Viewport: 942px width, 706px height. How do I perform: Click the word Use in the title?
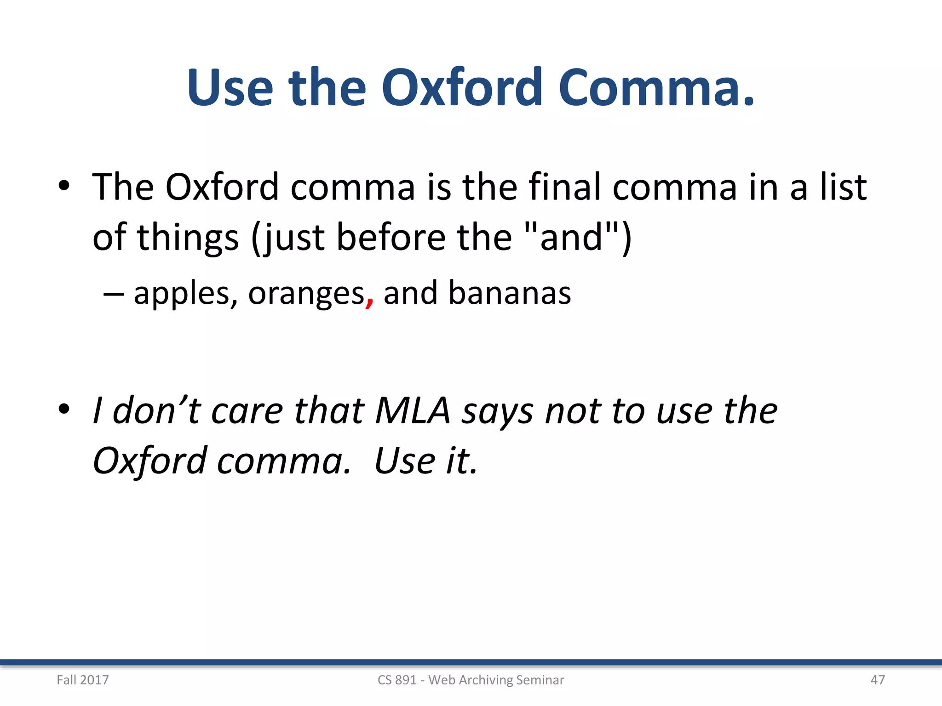click(x=230, y=87)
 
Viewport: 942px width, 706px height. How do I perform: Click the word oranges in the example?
click(x=306, y=294)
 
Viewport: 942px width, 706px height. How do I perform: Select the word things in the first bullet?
click(x=189, y=238)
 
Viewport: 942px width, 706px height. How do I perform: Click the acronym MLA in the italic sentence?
click(x=413, y=410)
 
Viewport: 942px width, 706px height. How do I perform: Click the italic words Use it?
click(x=426, y=461)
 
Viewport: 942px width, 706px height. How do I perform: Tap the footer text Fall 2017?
click(x=83, y=680)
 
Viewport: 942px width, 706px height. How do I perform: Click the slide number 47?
click(x=878, y=680)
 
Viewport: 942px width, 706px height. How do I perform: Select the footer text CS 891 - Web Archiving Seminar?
click(x=471, y=680)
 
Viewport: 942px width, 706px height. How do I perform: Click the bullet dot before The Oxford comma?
click(x=64, y=186)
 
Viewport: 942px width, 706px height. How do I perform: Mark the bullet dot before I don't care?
click(x=64, y=409)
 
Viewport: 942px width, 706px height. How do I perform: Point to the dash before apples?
click(x=113, y=294)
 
